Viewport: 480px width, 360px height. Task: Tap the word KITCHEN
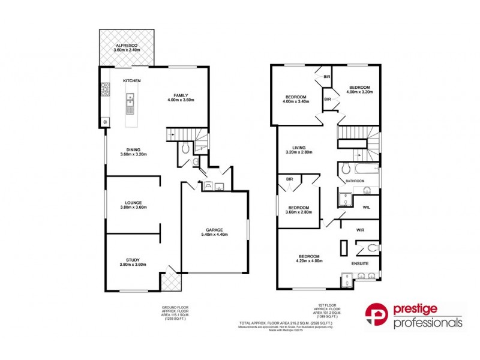[x=132, y=80]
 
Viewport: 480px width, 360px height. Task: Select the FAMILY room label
[x=181, y=95]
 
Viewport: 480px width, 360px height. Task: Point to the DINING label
[x=133, y=150]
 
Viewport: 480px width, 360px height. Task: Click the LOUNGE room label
[x=133, y=202]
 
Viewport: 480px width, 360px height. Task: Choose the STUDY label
[x=133, y=260]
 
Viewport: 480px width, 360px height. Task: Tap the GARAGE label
[x=215, y=230]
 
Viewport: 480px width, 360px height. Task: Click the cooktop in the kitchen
[x=105, y=91]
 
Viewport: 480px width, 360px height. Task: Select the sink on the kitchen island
[x=130, y=106]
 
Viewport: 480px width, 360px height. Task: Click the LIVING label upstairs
[x=299, y=147]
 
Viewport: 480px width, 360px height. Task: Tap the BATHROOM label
[x=355, y=181]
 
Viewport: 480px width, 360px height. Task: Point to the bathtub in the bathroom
[x=359, y=169]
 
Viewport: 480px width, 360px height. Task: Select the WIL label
[x=367, y=208]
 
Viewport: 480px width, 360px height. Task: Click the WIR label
[x=361, y=229]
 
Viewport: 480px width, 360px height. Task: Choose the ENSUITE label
[x=360, y=263]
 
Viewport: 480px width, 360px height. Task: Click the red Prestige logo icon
[x=376, y=316]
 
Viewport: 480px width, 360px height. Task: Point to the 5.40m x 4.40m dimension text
[x=215, y=235]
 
